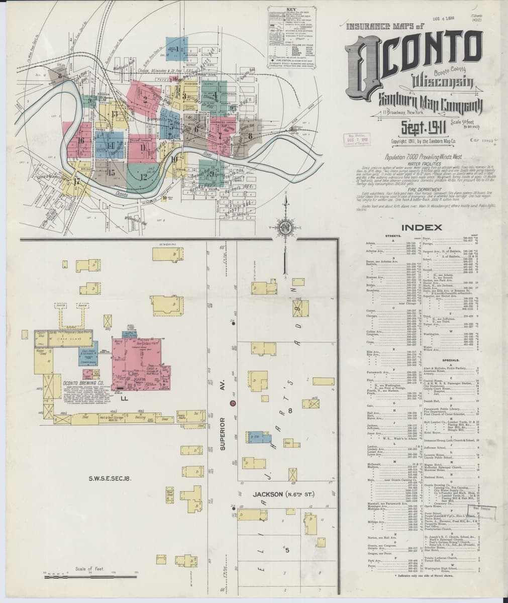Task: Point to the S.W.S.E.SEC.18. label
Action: point(110,478)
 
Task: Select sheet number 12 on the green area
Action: point(144,177)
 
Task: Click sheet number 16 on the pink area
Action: point(81,140)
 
